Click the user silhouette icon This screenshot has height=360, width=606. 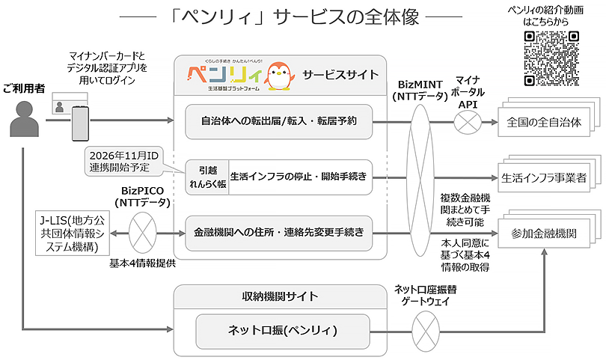tap(24, 122)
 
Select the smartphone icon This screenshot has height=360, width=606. tap(81, 122)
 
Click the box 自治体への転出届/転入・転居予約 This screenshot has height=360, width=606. tap(278, 121)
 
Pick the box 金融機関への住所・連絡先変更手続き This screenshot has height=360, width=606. tap(278, 233)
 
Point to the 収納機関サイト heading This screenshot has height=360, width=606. tap(280, 298)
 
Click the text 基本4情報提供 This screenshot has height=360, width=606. tap(142, 263)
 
